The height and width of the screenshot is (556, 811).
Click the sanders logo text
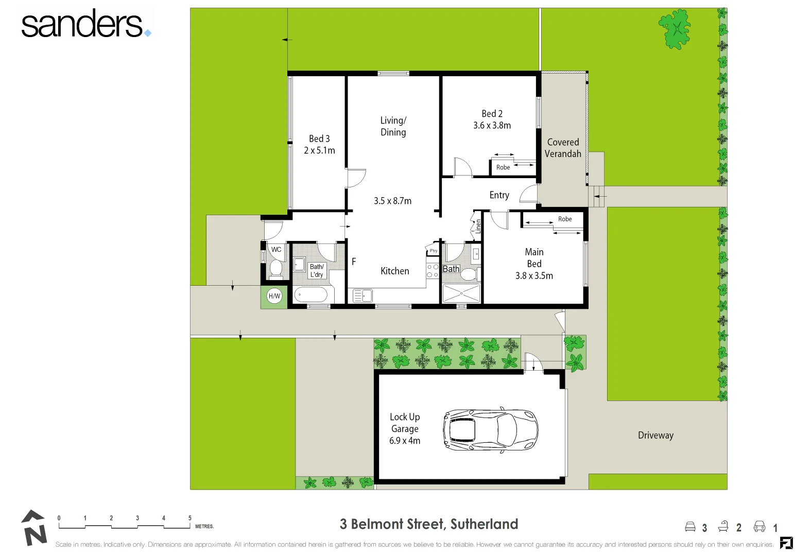(x=82, y=24)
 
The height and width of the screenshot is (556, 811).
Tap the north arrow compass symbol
(x=33, y=528)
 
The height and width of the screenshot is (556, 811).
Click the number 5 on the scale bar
(x=189, y=518)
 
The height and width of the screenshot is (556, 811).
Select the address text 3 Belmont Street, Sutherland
(x=428, y=524)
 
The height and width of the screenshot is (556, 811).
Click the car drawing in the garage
(x=490, y=430)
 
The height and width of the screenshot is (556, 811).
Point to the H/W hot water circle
(x=274, y=296)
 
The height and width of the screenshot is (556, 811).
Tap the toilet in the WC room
(x=276, y=268)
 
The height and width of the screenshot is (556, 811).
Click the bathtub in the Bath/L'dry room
(x=310, y=295)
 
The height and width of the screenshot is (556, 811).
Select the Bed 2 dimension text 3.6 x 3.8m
(x=492, y=126)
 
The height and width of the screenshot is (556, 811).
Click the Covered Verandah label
(x=563, y=148)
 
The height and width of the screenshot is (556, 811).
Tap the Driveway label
(x=655, y=435)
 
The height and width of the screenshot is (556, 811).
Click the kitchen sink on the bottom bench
(x=363, y=296)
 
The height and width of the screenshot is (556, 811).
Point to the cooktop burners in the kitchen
(x=432, y=271)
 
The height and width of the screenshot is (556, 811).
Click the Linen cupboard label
(x=478, y=227)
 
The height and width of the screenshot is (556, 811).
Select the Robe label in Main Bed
(x=564, y=219)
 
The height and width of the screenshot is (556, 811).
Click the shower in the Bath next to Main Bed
(x=461, y=293)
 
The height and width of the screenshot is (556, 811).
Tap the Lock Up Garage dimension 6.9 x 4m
(x=404, y=441)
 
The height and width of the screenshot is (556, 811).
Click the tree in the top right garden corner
(x=675, y=29)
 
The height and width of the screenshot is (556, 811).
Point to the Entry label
(x=499, y=195)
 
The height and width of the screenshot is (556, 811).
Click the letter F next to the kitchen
(x=354, y=262)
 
